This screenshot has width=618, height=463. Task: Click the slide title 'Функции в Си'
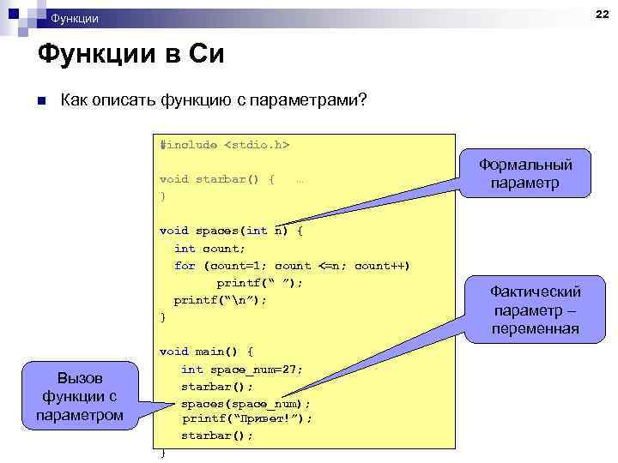[x=130, y=55]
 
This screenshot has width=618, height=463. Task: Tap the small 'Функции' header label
[x=75, y=19]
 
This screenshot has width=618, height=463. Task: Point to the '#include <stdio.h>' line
[x=224, y=145]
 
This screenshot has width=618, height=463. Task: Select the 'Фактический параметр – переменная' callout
[x=536, y=310]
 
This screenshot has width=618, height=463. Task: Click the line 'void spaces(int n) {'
[x=231, y=231]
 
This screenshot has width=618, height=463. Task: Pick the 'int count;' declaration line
[x=209, y=248]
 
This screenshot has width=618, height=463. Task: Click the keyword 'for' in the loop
[x=185, y=266]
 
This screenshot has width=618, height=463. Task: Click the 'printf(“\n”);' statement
[x=221, y=300]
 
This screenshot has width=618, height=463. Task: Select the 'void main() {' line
[x=206, y=351]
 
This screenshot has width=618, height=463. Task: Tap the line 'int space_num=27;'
[x=241, y=369]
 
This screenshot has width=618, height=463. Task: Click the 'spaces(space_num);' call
[x=245, y=403]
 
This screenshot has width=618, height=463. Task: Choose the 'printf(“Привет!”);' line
[x=247, y=418]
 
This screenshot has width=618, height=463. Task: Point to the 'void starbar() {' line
[x=217, y=179]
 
